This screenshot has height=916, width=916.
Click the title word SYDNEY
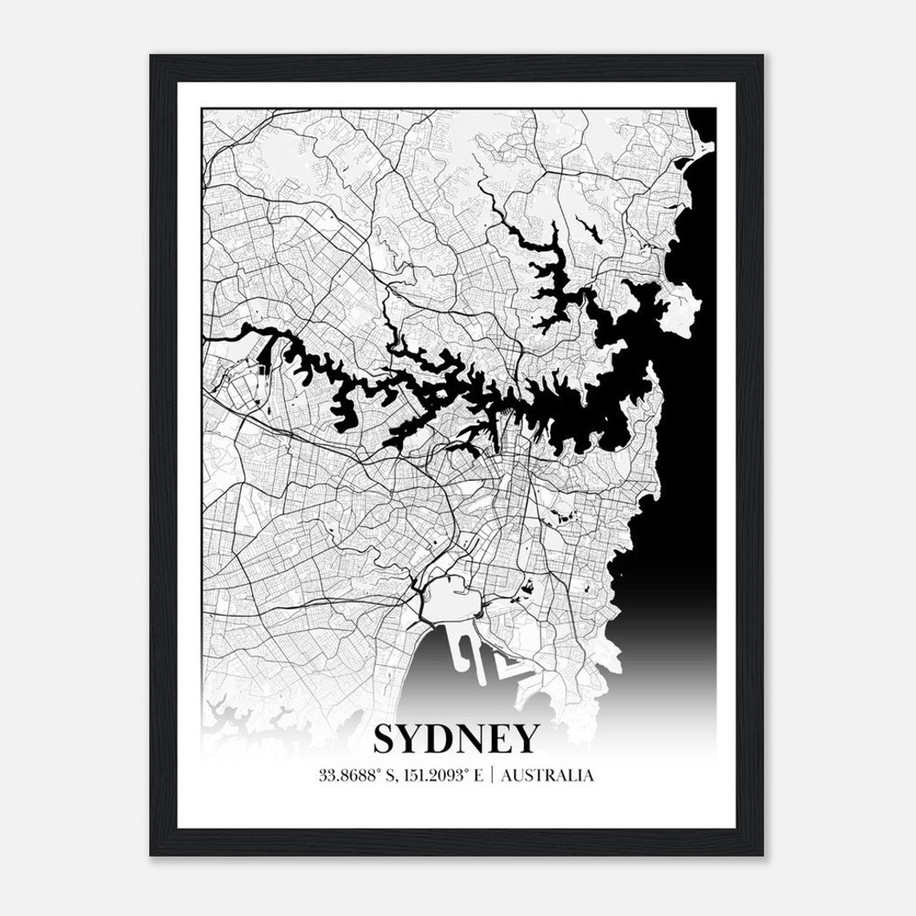coord(455,739)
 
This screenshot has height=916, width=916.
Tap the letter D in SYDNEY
coord(447,739)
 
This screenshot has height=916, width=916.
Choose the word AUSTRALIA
coord(547,775)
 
